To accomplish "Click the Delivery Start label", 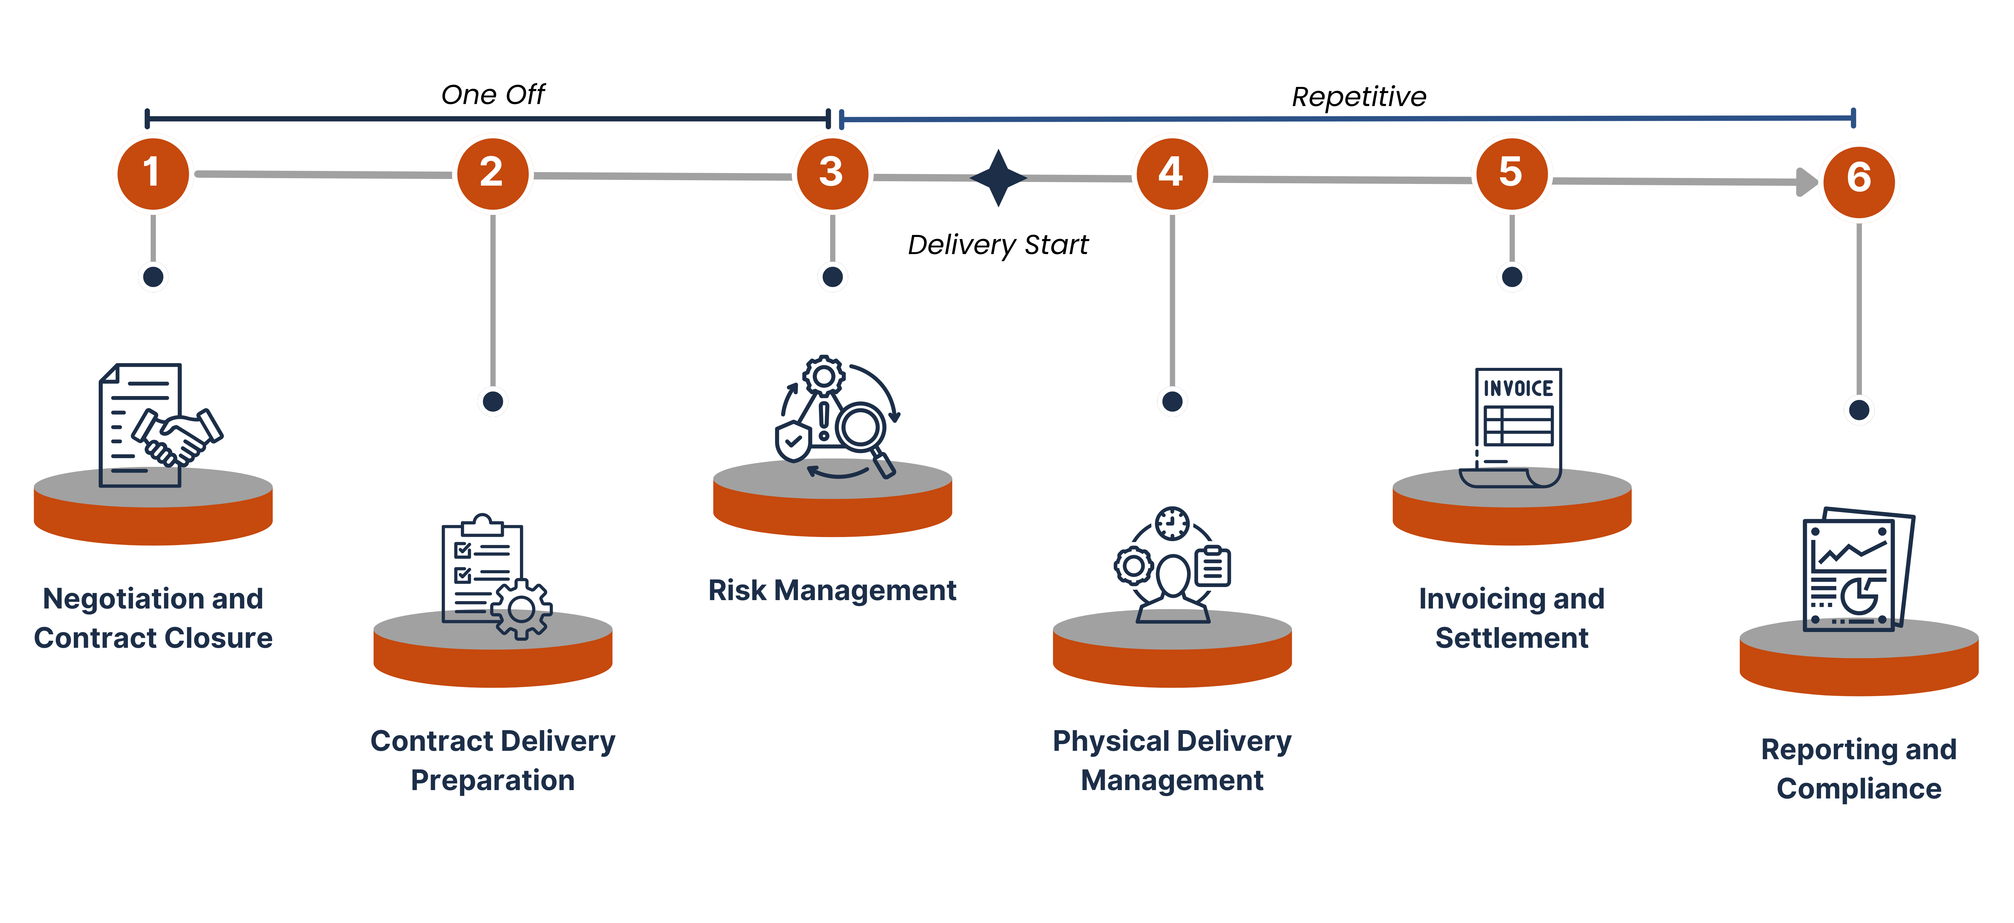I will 998,245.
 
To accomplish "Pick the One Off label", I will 492,95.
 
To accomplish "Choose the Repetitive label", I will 1359,97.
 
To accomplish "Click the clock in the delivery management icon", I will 1172,523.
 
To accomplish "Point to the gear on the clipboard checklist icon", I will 522,610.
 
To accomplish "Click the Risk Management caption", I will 832,590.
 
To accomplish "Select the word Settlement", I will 1511,638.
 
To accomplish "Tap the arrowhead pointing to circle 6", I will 1807,182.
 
